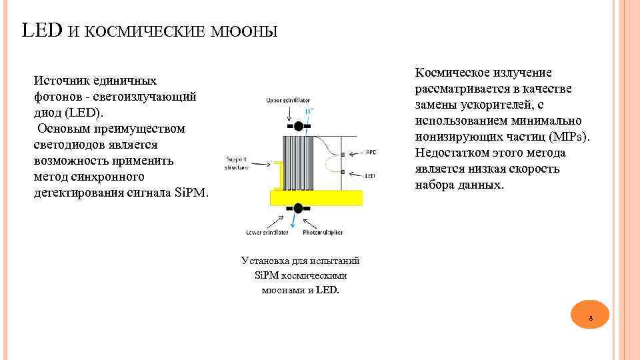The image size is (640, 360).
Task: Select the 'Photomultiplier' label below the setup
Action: tap(324, 233)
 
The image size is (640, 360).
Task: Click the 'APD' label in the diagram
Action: tap(371, 153)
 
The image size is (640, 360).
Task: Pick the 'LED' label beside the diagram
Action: tap(371, 175)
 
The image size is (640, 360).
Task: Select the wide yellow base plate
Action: tap(316, 197)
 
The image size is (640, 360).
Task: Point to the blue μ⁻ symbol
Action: tap(309, 111)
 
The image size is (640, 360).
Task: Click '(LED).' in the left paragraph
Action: tap(83, 113)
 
